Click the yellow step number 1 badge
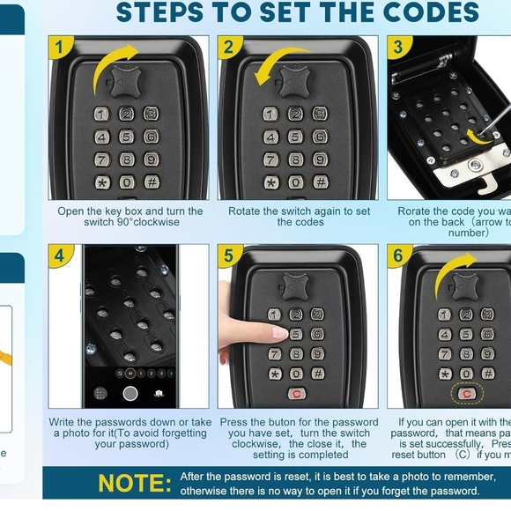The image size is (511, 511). (x=60, y=48)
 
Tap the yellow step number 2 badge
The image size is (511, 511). (x=228, y=48)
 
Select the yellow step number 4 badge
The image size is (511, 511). (x=60, y=256)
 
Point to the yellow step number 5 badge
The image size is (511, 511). (x=228, y=256)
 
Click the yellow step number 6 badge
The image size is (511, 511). (x=398, y=256)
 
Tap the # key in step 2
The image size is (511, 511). (x=321, y=182)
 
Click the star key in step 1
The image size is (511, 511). (x=102, y=182)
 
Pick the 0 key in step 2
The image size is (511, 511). (x=296, y=182)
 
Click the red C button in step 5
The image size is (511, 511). (x=296, y=394)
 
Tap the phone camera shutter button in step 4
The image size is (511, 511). (x=130, y=393)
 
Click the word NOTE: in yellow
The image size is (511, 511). (x=135, y=483)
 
